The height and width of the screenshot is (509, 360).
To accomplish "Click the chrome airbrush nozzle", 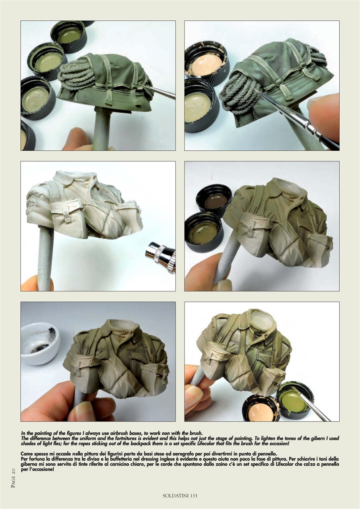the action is [160, 256].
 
